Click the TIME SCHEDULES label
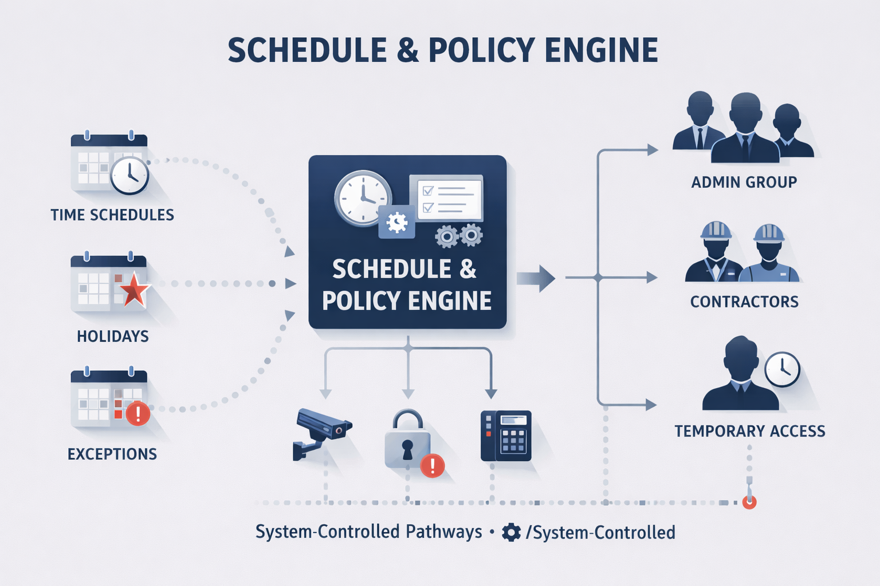click(x=112, y=215)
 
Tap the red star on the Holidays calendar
click(x=133, y=290)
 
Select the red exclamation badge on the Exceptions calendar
click(x=137, y=413)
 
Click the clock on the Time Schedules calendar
click(x=129, y=175)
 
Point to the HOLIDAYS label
click(x=113, y=336)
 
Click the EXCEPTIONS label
click(x=112, y=454)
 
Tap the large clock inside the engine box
click(x=363, y=198)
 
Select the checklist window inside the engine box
click(x=447, y=198)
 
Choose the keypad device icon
click(x=506, y=436)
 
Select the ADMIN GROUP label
click(x=744, y=183)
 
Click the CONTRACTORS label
click(x=744, y=302)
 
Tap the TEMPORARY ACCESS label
click(x=749, y=431)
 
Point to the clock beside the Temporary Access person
click(x=782, y=369)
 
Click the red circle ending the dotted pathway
click(x=749, y=502)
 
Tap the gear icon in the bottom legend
click(x=511, y=533)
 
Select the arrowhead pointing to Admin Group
click(x=652, y=150)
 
